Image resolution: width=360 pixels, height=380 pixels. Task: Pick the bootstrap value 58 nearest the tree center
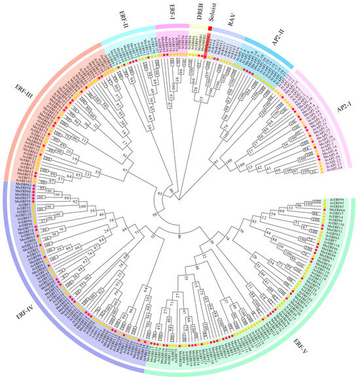coord(155,214)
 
